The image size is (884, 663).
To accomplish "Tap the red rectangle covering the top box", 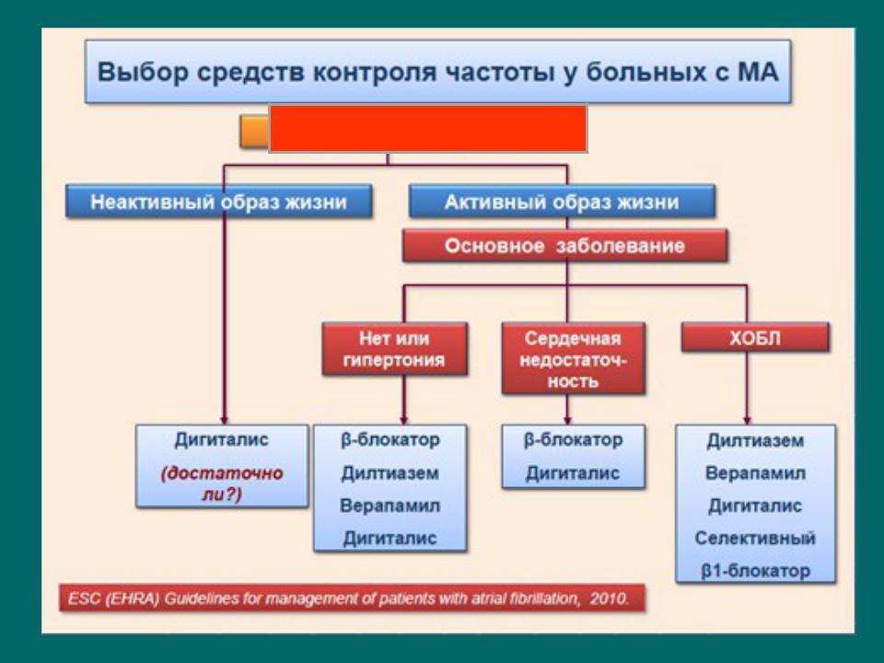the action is click(x=428, y=129).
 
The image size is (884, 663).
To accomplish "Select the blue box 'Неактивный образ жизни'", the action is click(x=219, y=202).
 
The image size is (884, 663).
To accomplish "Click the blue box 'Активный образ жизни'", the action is click(x=562, y=202).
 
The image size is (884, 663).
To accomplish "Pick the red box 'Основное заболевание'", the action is click(x=564, y=246).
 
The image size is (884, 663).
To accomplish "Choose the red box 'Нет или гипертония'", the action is click(x=395, y=349).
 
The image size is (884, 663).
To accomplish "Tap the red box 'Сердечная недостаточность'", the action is click(x=574, y=358).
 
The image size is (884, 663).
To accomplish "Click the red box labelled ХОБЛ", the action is click(x=755, y=338).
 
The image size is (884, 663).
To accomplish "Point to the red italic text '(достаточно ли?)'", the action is click(x=222, y=483).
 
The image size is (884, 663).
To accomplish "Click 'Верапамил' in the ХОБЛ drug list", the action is click(x=755, y=473).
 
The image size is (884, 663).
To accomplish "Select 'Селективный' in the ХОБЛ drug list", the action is click(x=755, y=538).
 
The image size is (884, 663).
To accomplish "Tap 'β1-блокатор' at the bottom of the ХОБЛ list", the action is click(x=755, y=571).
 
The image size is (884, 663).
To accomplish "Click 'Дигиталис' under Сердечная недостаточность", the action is click(x=573, y=473).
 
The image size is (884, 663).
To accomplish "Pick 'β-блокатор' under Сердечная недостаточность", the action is click(x=573, y=440).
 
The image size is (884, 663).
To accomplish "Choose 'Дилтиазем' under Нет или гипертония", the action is click(x=390, y=473).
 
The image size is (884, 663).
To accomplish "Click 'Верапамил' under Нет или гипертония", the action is click(x=390, y=506).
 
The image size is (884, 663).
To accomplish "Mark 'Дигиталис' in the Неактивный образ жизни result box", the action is click(x=222, y=440).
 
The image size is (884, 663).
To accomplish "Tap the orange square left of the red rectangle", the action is click(x=254, y=132).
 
